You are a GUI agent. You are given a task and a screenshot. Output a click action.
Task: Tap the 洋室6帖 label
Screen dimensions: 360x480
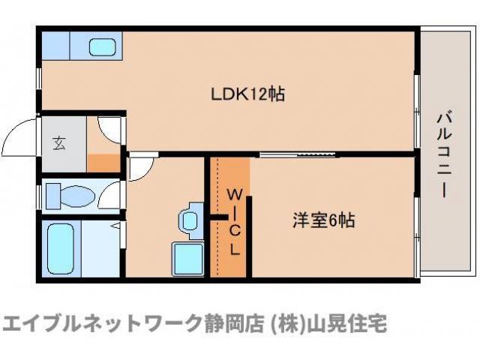coord(323,220)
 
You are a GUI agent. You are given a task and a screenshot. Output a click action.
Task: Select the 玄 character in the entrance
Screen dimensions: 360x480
coord(58,143)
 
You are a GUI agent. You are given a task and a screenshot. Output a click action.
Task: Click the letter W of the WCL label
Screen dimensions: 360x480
coord(233,194)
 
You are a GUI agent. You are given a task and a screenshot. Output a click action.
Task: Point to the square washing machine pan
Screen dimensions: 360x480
coord(187,259)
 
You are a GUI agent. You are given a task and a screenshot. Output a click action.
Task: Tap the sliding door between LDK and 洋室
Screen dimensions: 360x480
coord(299,155)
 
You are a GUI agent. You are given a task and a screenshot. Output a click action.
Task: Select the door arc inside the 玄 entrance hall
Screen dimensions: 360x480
coord(109,127)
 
